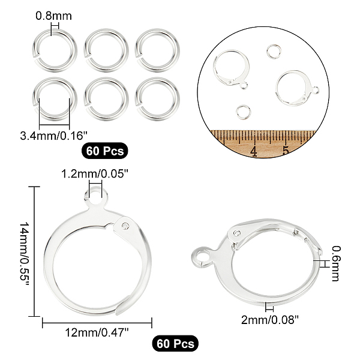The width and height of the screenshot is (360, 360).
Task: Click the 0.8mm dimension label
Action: pos(54,16)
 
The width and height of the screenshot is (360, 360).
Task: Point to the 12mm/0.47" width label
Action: pos(97,332)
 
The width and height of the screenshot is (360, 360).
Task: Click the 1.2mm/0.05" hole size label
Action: pos(94,174)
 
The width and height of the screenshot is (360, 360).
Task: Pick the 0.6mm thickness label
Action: pos(335,263)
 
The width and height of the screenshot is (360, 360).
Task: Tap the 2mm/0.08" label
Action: pos(270,319)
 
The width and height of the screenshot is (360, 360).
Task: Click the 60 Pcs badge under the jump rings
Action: pos(104,151)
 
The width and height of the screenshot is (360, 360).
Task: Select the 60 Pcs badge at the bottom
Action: pos(175,343)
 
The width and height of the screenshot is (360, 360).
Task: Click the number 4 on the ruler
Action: pos(254,151)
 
